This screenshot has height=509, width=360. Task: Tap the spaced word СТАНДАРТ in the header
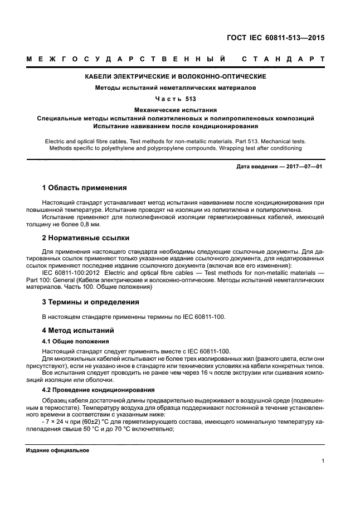[284, 59]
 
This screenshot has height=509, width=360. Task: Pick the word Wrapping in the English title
[227, 148]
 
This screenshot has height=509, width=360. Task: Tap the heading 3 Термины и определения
[91, 302]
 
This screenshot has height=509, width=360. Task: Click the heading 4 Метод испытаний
[78, 330]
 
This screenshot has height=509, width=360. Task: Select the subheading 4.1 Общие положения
[76, 341]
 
